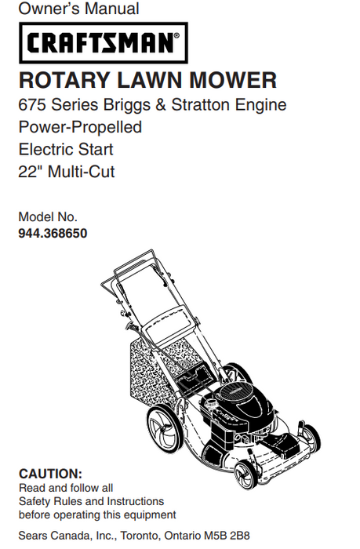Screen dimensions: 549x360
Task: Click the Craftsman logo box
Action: click(x=102, y=42)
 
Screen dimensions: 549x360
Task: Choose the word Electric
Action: click(x=47, y=149)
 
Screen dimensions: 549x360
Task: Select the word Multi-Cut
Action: click(x=82, y=172)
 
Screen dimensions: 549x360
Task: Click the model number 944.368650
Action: click(x=53, y=233)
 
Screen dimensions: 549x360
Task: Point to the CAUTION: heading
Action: click(x=50, y=474)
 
